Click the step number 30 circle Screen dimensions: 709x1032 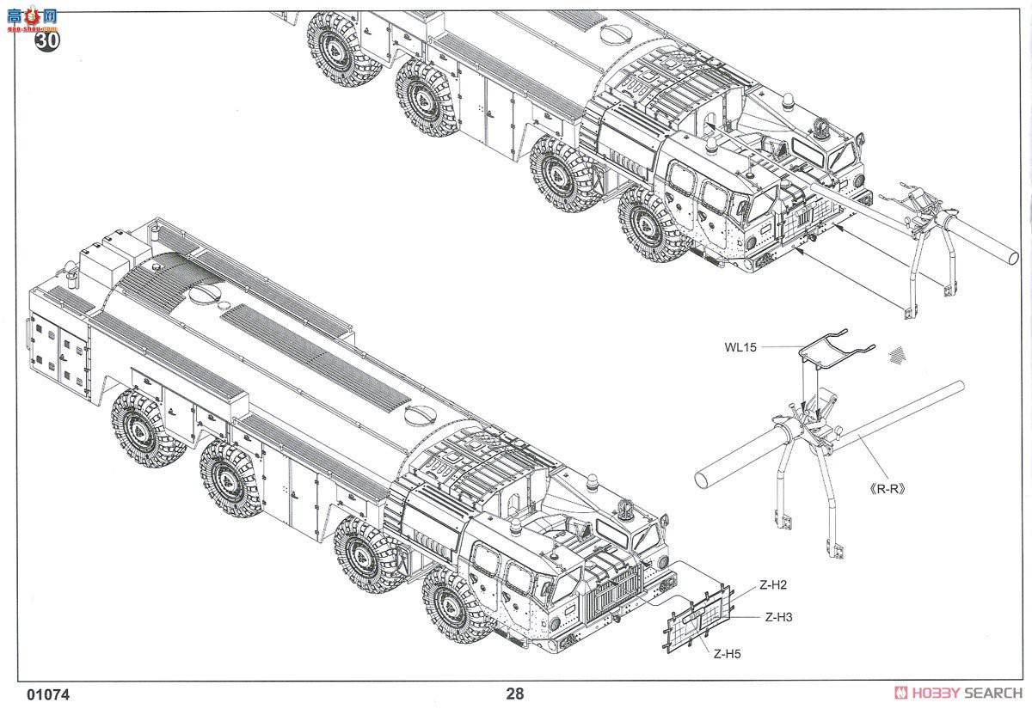tap(48, 43)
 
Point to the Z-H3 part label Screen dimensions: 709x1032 tap(779, 616)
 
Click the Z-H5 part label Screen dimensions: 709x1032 tap(726, 654)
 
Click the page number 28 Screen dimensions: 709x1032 tap(514, 694)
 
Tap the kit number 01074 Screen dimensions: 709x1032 tap(48, 694)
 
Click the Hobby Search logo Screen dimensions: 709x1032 tap(958, 694)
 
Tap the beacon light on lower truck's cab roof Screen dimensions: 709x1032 tap(516, 526)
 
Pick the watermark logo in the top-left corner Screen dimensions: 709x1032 tap(30, 15)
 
